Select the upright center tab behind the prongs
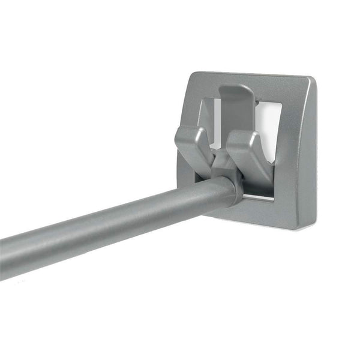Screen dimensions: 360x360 (235, 108)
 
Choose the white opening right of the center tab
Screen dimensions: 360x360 (269, 123)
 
